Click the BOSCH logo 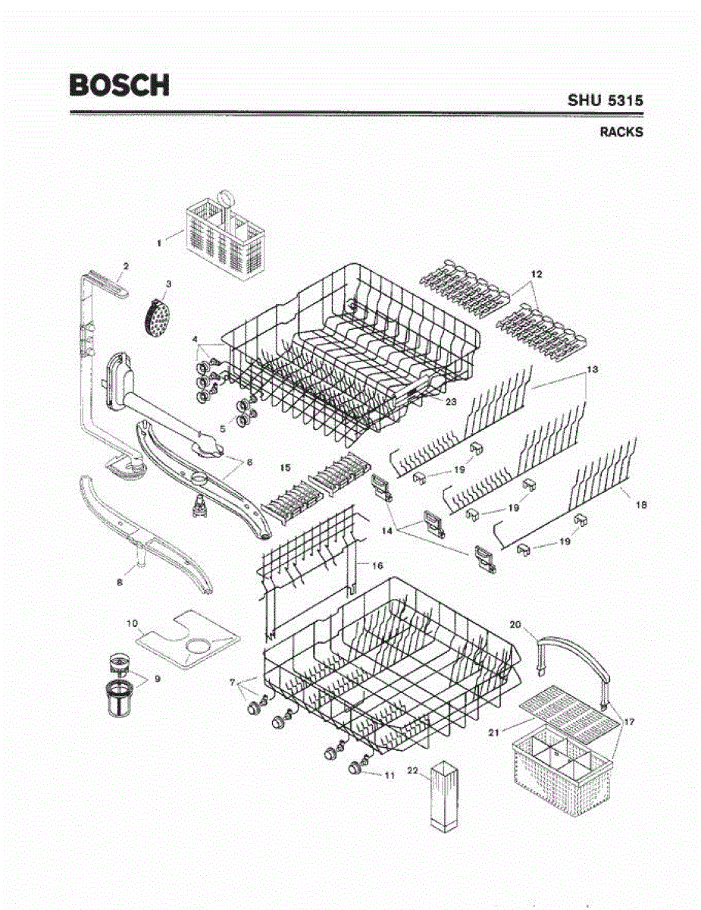119,84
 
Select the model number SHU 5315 606,99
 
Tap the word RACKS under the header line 621,132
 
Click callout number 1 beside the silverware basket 159,243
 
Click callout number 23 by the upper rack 450,402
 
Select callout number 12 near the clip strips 537,273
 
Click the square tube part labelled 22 443,796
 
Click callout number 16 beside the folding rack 376,564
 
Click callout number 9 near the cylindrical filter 157,678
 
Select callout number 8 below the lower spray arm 119,582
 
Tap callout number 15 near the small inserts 286,469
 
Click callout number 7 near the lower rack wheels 232,683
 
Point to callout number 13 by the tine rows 593,369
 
